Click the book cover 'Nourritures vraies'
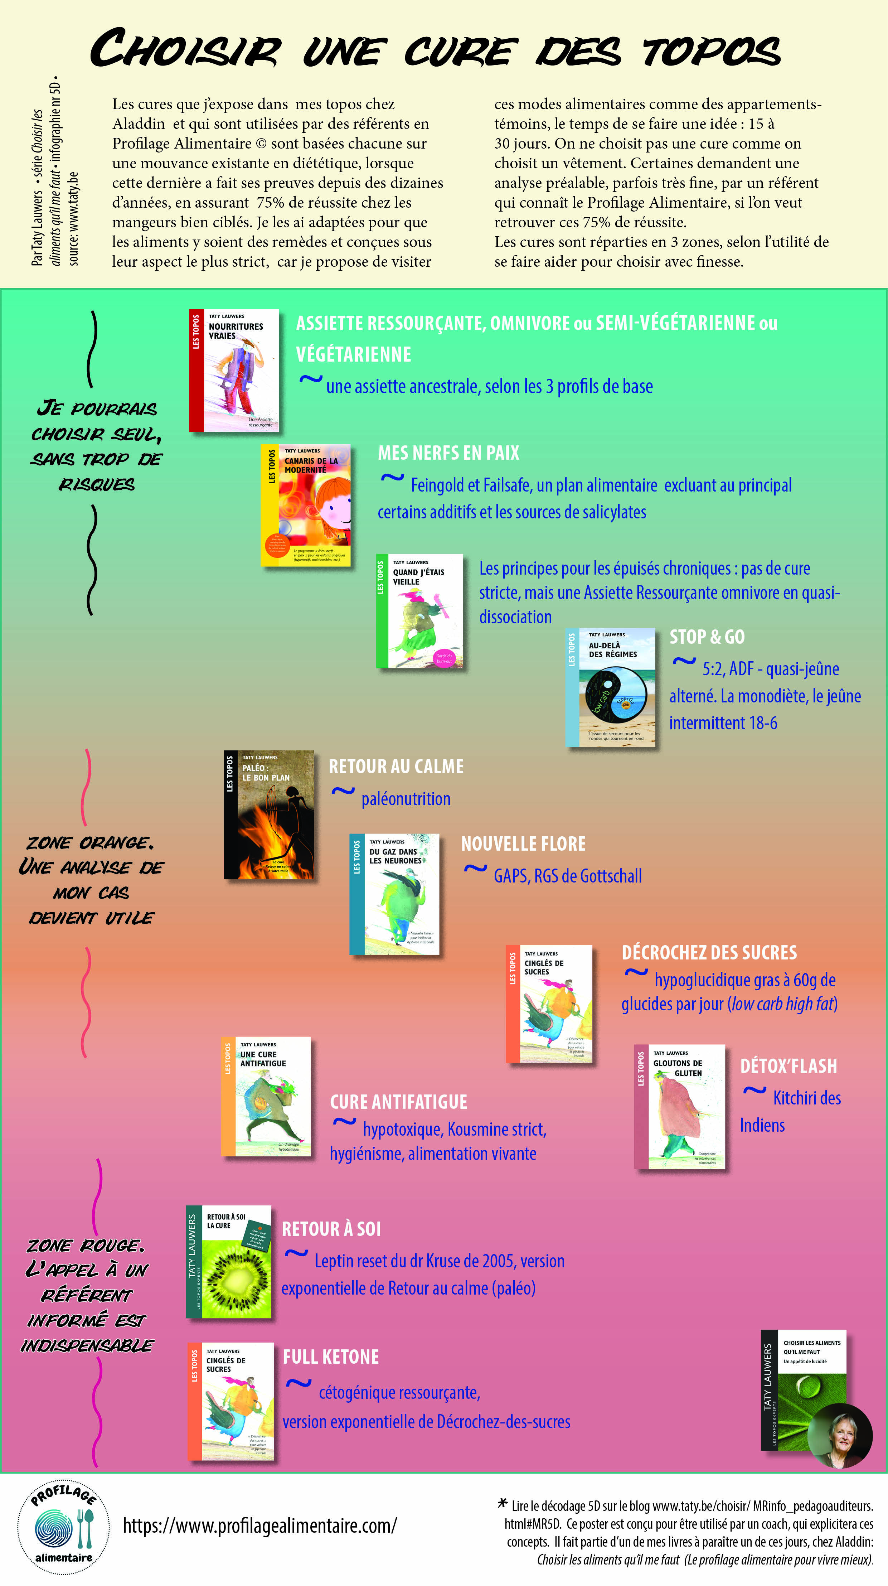click(234, 370)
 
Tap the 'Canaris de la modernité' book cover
click(306, 505)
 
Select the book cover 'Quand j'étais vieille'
click(420, 611)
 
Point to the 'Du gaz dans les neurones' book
click(394, 894)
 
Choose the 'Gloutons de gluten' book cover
click(680, 1106)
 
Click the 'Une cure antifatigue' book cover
click(266, 1096)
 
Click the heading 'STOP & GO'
click(707, 637)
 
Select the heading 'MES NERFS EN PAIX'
click(448, 453)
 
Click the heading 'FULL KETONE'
click(330, 1357)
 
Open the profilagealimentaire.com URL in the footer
click(260, 1525)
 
